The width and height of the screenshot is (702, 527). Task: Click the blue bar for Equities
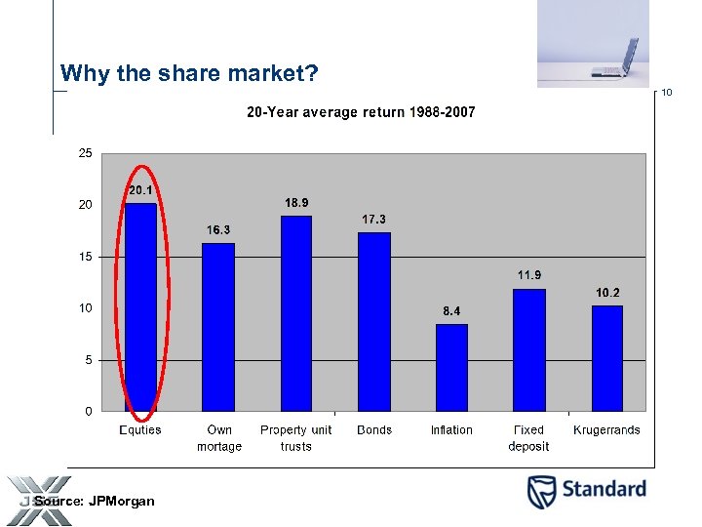(140, 306)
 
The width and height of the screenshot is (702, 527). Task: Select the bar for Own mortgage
(218, 327)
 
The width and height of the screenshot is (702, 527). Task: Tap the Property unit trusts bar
(296, 313)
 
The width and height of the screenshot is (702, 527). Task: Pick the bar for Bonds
(374, 321)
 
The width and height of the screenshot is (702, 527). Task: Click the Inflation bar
(451, 367)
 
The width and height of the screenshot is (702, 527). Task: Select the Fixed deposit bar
(529, 349)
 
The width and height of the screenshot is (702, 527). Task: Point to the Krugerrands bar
(607, 358)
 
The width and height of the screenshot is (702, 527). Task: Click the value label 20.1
(140, 190)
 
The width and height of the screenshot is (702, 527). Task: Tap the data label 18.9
(296, 202)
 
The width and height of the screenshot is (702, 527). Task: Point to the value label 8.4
(451, 311)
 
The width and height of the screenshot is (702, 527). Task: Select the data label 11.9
(529, 275)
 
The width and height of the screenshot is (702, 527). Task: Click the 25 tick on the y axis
(86, 153)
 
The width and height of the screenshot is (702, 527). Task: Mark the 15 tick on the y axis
(86, 257)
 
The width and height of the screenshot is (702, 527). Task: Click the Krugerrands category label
(606, 430)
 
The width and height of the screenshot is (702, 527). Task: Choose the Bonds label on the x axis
(374, 430)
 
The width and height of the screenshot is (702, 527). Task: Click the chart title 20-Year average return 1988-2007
(361, 112)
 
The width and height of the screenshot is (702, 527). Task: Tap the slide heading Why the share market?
(189, 73)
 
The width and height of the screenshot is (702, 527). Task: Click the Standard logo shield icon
(542, 491)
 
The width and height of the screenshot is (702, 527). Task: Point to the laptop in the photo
(615, 60)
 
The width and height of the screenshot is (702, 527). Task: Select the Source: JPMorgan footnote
(95, 501)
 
